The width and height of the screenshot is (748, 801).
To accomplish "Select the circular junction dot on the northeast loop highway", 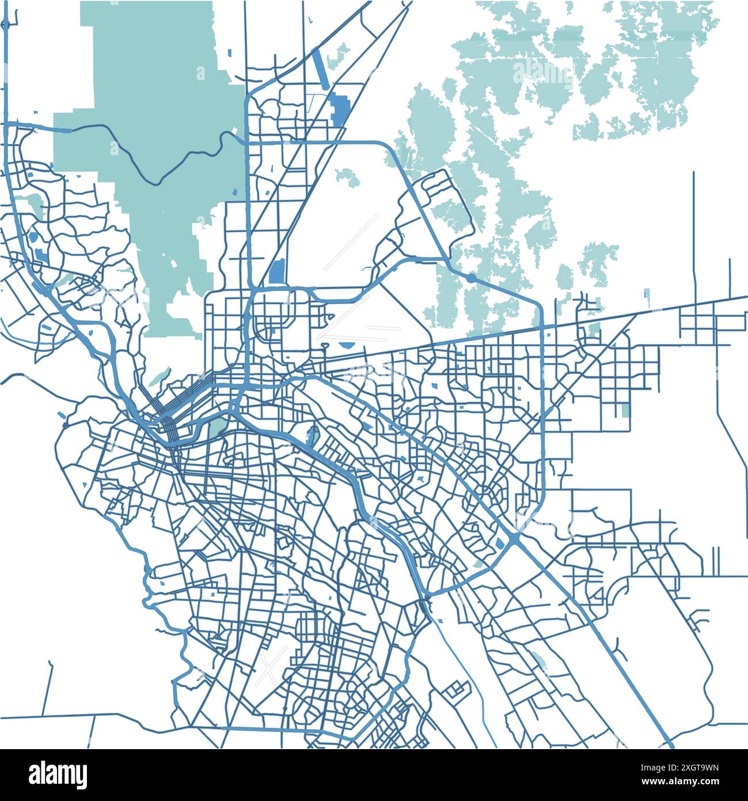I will (x=470, y=278).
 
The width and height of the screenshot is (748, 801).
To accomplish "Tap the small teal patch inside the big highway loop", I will (x=345, y=176).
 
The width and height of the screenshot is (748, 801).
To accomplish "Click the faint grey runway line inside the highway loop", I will (x=351, y=242).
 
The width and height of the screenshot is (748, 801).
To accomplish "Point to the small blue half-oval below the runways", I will (x=347, y=346).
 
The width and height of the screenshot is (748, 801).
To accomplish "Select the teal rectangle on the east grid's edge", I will (x=625, y=411).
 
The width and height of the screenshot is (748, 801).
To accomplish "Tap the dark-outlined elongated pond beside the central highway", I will (x=312, y=437).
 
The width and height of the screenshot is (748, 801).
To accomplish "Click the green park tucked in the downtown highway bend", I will (x=218, y=427).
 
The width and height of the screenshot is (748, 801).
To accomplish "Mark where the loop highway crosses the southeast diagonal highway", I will (x=514, y=540).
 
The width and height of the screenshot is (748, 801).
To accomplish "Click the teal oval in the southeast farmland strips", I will (x=538, y=659).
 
